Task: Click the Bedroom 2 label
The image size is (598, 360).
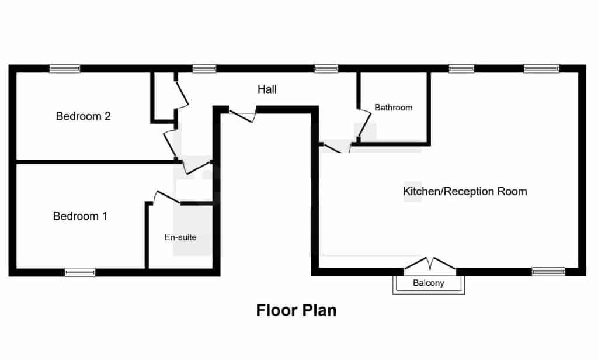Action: [x=83, y=116]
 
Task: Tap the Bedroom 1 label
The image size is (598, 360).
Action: [x=80, y=216]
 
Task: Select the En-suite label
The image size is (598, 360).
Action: [x=180, y=237]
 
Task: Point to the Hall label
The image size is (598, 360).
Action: [x=267, y=89]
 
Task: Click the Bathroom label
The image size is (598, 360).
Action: [x=393, y=108]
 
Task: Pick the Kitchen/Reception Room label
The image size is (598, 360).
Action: [x=465, y=191]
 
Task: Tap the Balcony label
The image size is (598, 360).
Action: [x=429, y=283]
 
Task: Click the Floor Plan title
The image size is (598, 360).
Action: [x=296, y=310]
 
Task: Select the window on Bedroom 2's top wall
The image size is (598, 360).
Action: [x=65, y=69]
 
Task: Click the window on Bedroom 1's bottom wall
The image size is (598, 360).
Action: [x=80, y=272]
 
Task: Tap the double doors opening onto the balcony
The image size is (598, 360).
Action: [x=430, y=264]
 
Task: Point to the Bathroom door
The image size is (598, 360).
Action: [x=364, y=124]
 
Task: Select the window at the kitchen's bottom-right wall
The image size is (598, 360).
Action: [x=548, y=271]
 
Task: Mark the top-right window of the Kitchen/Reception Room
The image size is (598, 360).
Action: [x=541, y=69]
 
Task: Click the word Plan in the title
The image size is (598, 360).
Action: [x=318, y=310]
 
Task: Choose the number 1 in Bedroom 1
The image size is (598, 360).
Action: [x=105, y=216]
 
